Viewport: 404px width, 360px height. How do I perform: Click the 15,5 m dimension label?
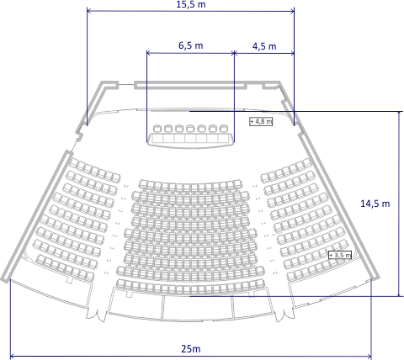[191, 4]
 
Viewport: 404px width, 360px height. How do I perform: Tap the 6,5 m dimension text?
[191, 45]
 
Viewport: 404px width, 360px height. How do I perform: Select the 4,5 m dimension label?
[264, 46]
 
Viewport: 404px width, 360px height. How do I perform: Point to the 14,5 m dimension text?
[375, 204]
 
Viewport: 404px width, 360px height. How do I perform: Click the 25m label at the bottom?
[191, 349]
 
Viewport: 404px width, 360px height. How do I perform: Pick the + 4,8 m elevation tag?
[261, 121]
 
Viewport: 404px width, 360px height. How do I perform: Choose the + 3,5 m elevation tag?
[340, 255]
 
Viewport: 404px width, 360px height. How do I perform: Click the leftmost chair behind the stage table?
[157, 129]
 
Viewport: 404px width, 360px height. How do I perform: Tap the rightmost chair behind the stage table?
[223, 129]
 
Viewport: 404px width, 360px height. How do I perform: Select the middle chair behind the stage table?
[190, 129]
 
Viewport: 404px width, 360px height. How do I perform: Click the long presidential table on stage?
[191, 140]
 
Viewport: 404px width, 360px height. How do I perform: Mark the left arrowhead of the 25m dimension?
[11, 357]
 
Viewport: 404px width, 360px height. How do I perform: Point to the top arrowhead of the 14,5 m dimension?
[399, 113]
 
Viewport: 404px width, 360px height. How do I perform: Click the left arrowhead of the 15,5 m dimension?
[88, 11]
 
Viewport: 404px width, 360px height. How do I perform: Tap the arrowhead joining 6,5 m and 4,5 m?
[234, 53]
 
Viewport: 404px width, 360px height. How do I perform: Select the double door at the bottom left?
[96, 315]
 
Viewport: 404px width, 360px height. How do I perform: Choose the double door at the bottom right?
[284, 315]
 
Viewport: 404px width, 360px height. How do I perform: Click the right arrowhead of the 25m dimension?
[370, 357]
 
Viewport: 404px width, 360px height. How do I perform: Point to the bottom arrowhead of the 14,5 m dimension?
[399, 294]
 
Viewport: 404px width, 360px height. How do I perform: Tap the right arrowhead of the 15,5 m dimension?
[293, 11]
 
